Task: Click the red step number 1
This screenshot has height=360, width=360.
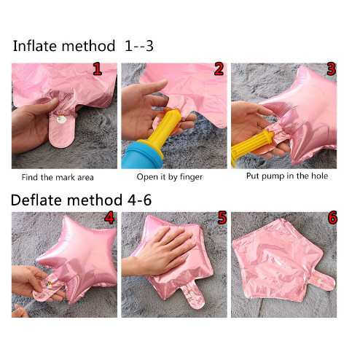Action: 97,69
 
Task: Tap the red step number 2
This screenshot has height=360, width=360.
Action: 219,69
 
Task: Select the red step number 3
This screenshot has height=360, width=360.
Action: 332,69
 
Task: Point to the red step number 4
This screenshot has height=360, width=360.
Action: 109,218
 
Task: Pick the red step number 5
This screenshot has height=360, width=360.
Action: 222,218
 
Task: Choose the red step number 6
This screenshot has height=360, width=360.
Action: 332,218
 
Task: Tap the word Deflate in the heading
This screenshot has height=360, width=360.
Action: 36,200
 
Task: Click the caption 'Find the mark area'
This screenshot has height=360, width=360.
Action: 58,177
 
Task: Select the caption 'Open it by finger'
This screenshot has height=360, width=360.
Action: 170,177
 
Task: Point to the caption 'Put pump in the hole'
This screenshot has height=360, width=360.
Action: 287,176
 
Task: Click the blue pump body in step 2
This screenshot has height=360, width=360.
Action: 143,155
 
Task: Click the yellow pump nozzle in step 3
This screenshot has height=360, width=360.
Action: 251,145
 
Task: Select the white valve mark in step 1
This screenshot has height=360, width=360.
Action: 60,120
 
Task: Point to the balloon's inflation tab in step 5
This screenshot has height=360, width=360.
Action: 192,297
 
